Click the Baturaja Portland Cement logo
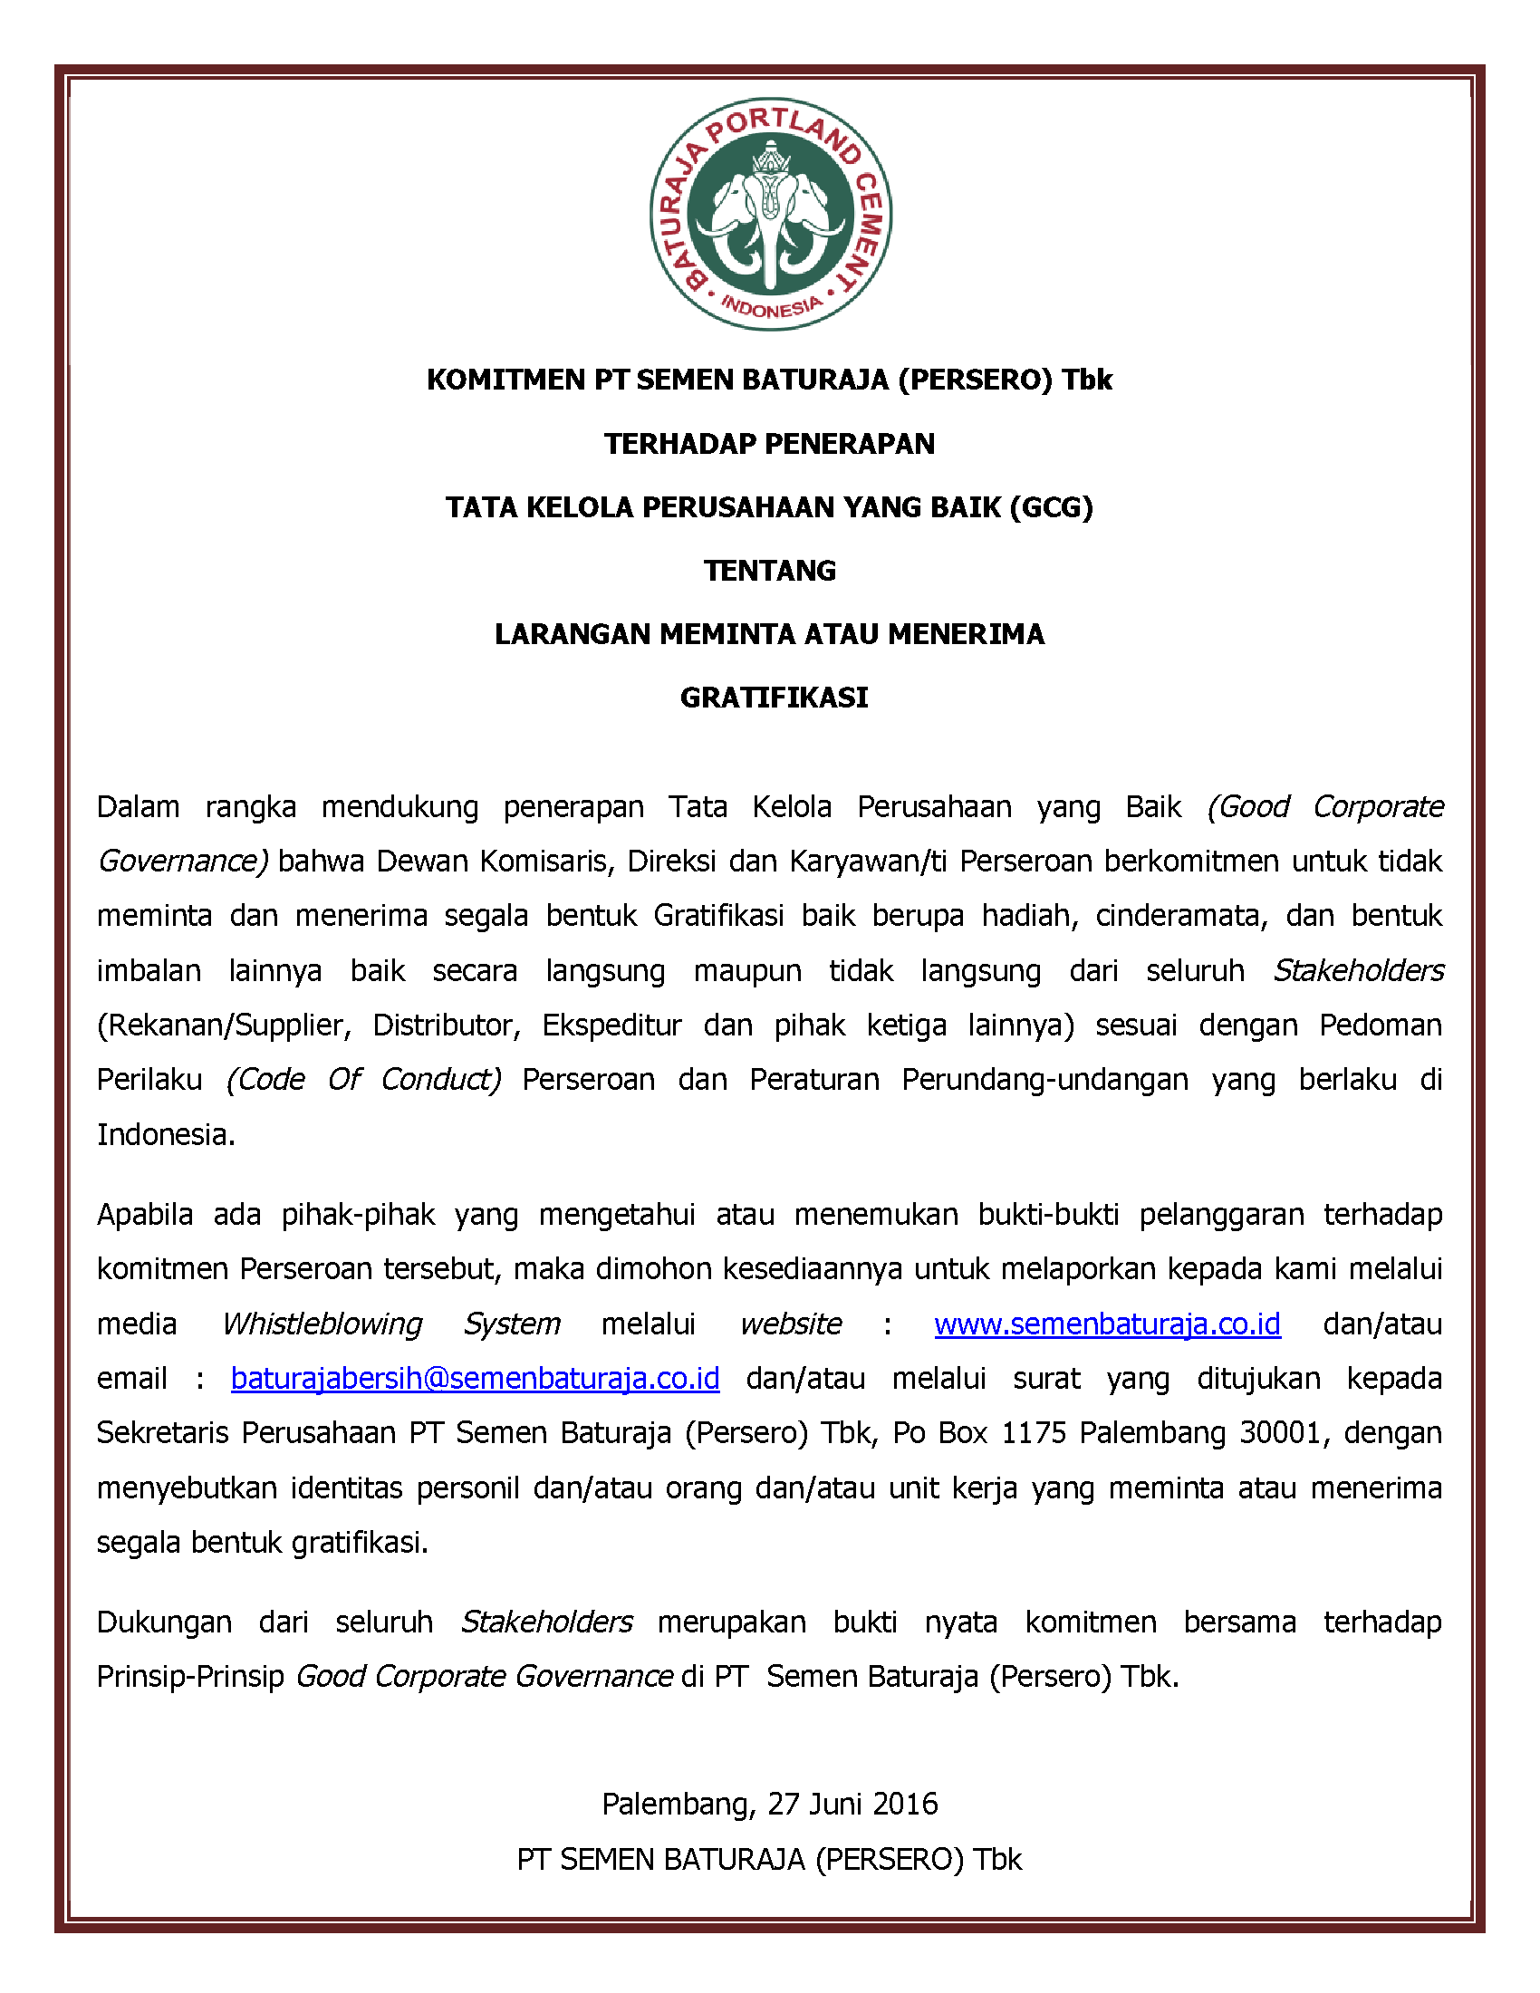click(771, 214)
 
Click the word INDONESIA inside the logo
click(772, 307)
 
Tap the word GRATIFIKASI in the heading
click(774, 698)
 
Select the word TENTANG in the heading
click(770, 571)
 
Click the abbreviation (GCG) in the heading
click(1051, 506)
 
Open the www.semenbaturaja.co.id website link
click(1107, 1324)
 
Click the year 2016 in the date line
click(905, 1804)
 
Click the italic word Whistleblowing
click(322, 1324)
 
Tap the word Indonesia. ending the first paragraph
click(166, 1134)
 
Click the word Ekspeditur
click(611, 1025)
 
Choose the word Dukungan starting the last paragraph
click(164, 1622)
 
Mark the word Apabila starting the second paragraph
click(145, 1215)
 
